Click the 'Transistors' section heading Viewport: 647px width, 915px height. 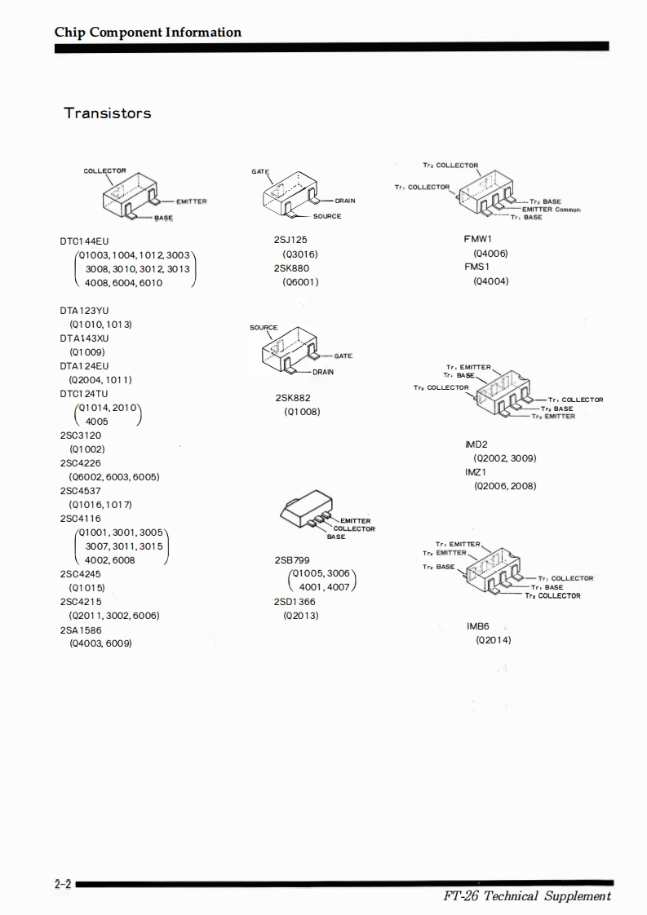108,113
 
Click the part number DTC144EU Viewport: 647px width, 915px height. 84,241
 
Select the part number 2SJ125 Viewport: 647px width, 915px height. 290,241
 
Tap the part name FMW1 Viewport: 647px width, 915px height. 478,240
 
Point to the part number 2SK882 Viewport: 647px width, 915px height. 293,398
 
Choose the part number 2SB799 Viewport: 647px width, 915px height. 292,560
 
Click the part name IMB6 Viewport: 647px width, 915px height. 478,626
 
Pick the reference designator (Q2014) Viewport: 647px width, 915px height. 494,640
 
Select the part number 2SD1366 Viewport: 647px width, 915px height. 295,602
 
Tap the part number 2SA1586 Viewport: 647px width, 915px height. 82,630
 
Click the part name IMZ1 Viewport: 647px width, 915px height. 476,472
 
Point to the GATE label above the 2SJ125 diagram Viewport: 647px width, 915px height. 260,172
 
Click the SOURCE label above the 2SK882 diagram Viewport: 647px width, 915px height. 264,328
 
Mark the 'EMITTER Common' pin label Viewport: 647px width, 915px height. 551,210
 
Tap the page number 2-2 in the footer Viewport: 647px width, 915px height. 63,884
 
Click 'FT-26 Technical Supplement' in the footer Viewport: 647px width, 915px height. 526,896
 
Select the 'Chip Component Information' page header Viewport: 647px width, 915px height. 148,33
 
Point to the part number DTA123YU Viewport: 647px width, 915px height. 84,311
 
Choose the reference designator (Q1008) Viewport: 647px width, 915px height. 302,412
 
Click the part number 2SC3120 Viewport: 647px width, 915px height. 81,435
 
